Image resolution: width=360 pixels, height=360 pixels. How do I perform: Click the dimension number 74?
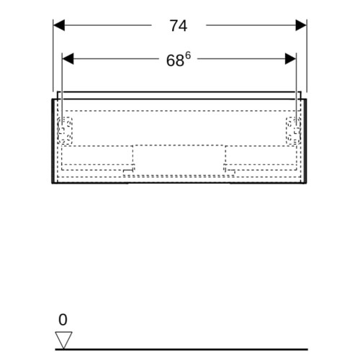pos(179,26)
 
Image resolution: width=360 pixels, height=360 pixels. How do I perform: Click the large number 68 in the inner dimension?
pos(175,60)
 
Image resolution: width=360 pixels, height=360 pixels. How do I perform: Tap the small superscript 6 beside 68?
pos(188,56)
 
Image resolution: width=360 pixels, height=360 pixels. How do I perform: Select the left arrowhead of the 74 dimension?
pos(59,25)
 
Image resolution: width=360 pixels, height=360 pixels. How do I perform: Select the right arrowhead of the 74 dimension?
pos(301,25)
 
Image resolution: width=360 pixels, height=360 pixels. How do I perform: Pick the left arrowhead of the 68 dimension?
pos(68,59)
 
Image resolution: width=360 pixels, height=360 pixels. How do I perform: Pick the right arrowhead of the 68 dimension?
pos(291,59)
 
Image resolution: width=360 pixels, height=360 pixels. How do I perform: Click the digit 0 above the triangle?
pos(63,320)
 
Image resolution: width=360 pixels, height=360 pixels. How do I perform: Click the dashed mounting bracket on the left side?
pos(65,131)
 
